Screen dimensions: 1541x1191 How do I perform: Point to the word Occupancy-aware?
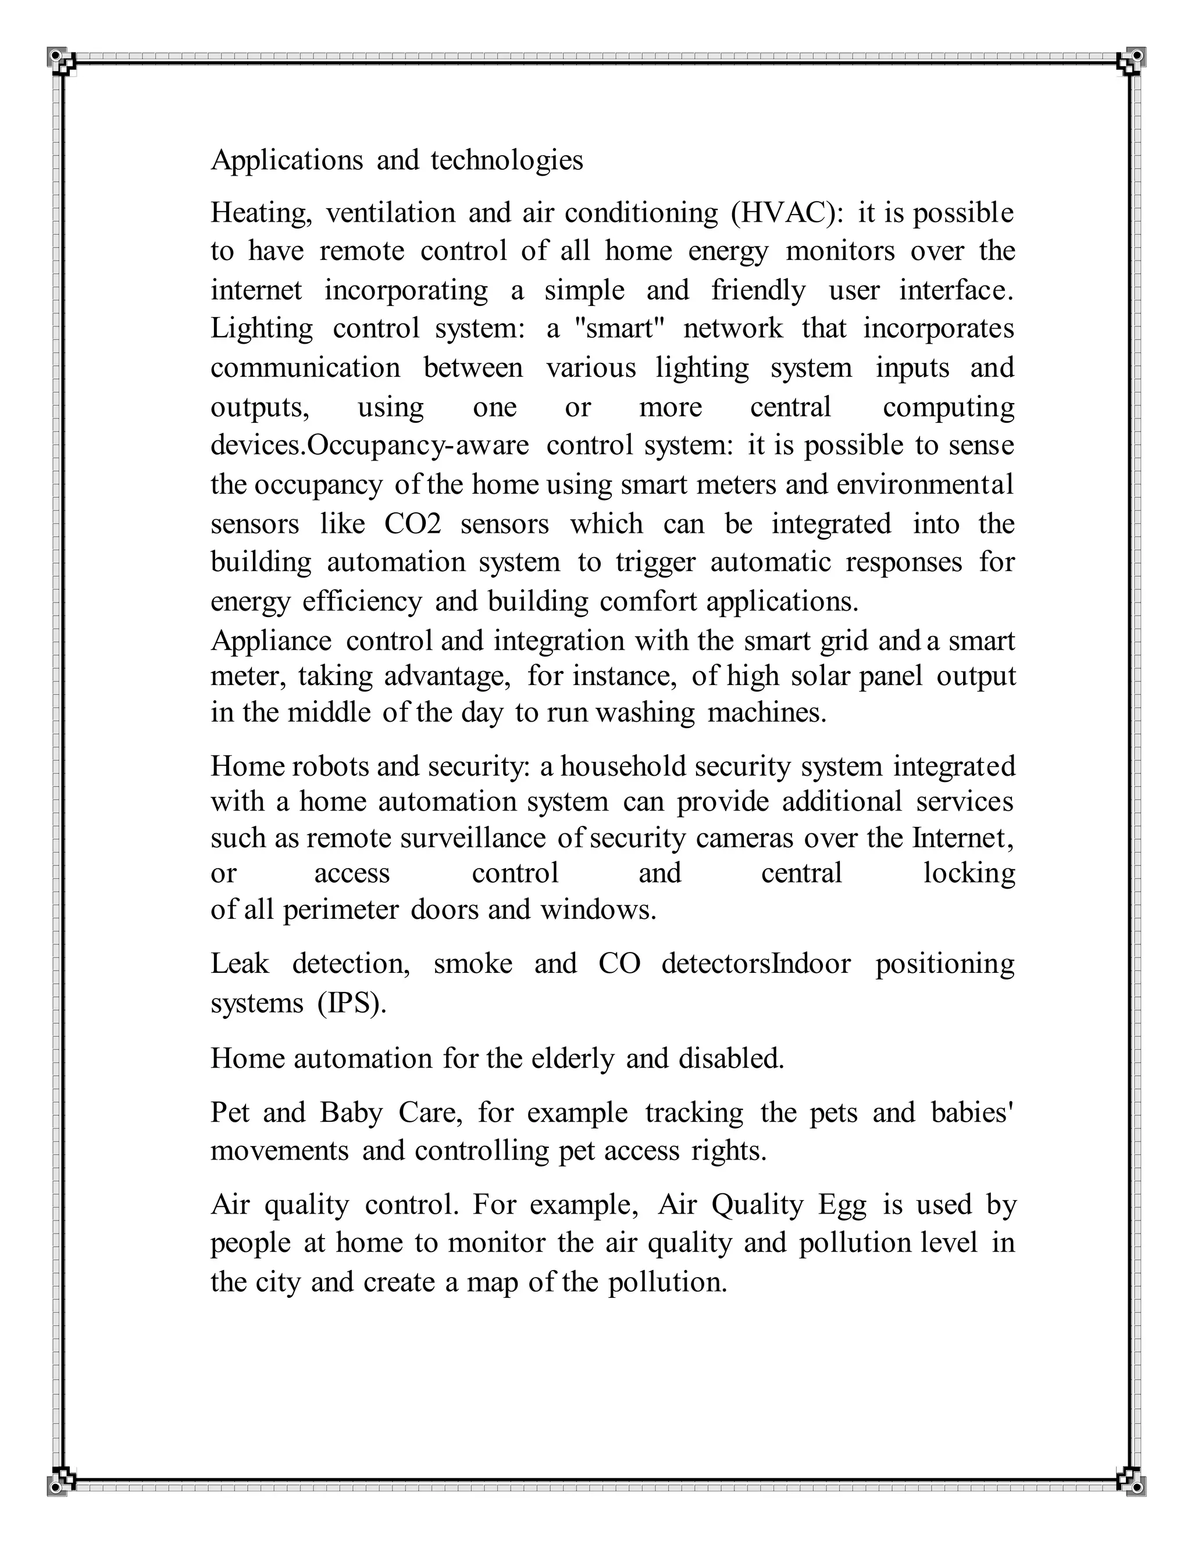pyautogui.click(x=419, y=445)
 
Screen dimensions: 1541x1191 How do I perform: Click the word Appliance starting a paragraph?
pyautogui.click(x=271, y=641)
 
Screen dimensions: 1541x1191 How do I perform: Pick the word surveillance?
pyautogui.click(x=473, y=837)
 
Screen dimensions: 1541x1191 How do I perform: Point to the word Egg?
pyautogui.click(x=841, y=1204)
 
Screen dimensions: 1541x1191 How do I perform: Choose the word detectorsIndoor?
pyautogui.click(x=755, y=963)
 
